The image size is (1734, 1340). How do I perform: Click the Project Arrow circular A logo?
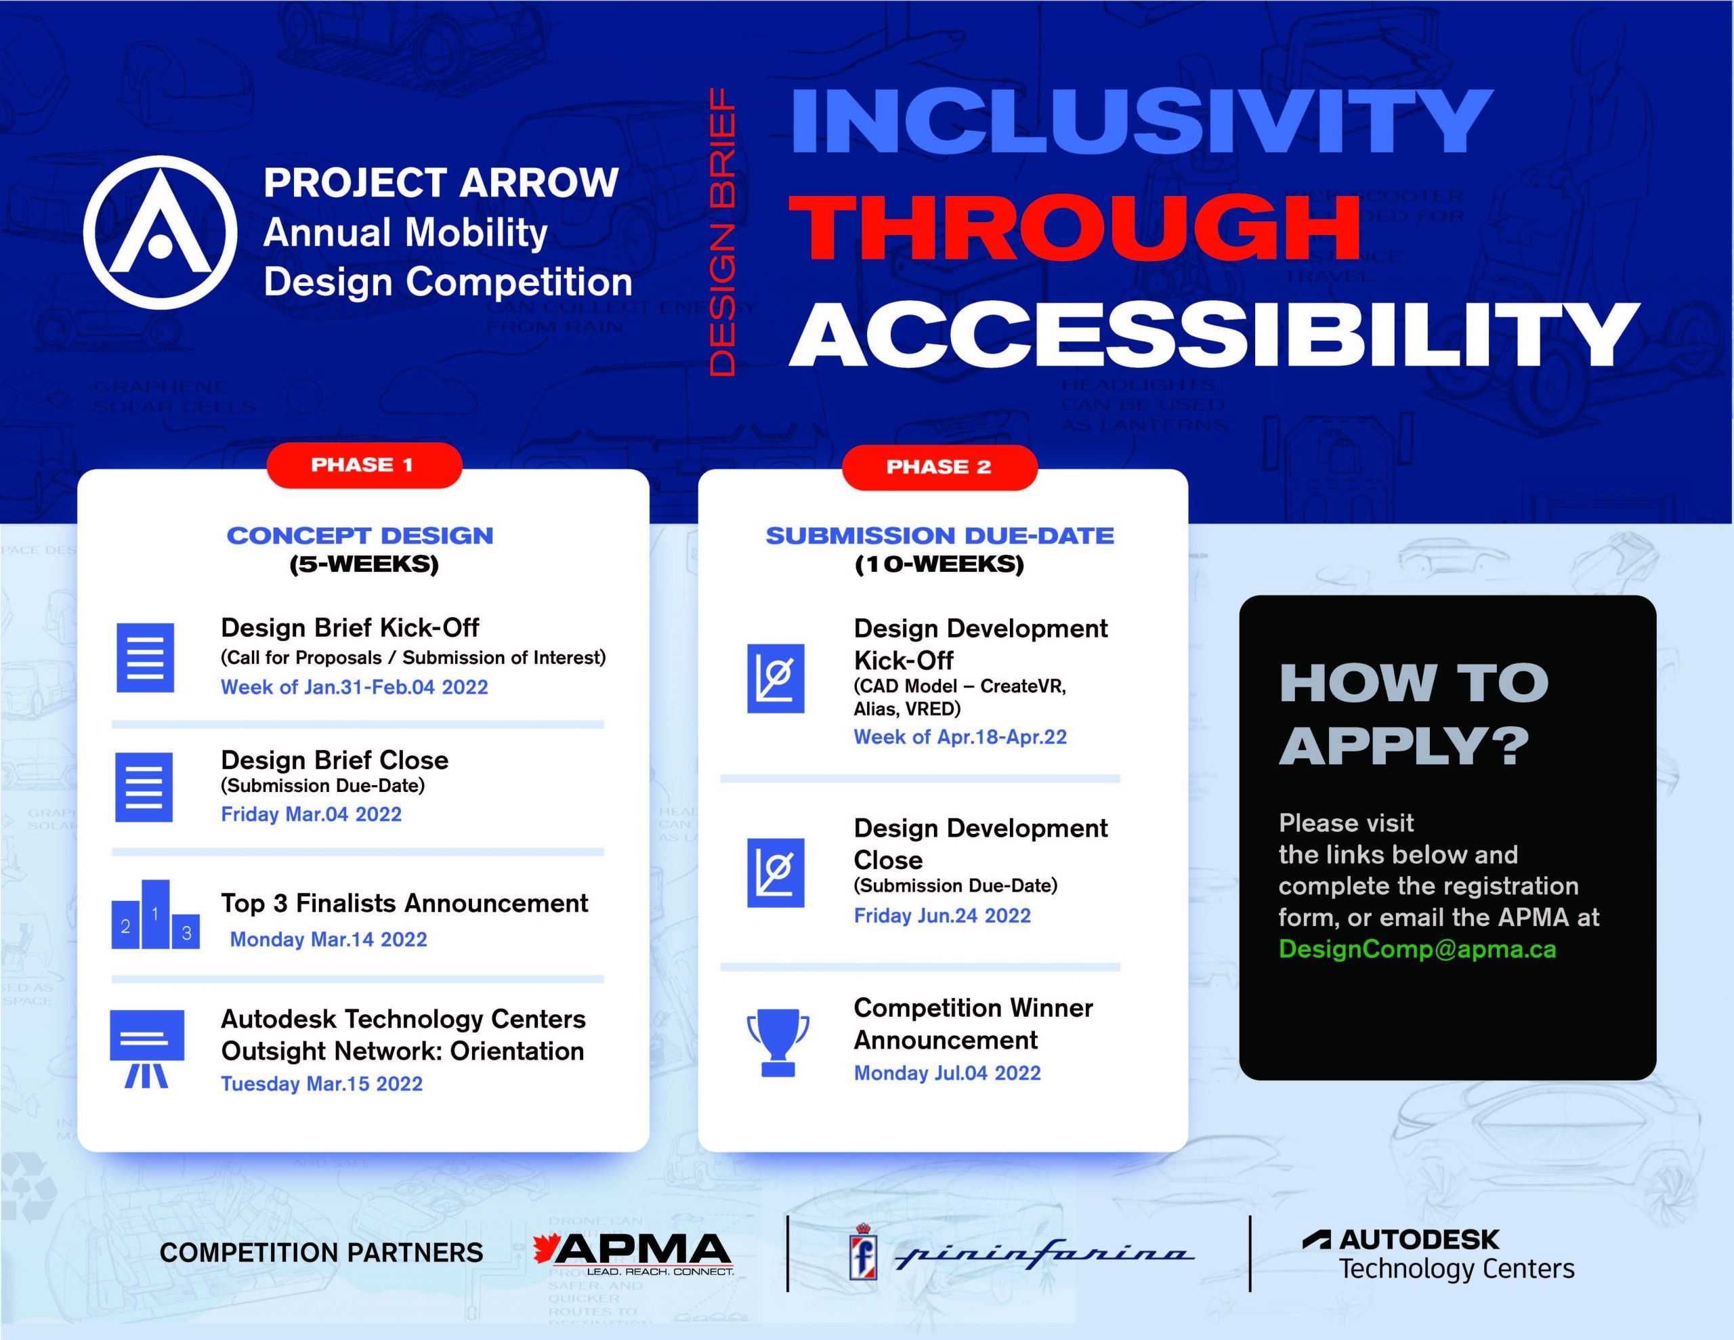click(160, 232)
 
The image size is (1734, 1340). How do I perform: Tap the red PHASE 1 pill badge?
click(364, 465)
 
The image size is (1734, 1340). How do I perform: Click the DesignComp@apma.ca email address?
click(1416, 949)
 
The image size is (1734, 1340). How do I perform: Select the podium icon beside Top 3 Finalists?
click(155, 915)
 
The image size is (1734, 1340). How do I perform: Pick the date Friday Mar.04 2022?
click(311, 814)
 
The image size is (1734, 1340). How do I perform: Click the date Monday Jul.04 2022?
click(946, 1073)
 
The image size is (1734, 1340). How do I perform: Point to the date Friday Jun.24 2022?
click(942, 916)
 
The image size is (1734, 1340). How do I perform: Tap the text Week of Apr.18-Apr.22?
click(960, 737)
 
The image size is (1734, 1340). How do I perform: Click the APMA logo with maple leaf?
click(633, 1253)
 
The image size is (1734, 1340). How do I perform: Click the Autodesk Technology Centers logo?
click(1438, 1254)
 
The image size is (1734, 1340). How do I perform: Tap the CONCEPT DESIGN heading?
click(360, 536)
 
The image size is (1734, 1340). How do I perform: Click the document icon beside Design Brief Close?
click(144, 787)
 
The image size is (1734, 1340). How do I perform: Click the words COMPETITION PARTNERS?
click(321, 1253)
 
